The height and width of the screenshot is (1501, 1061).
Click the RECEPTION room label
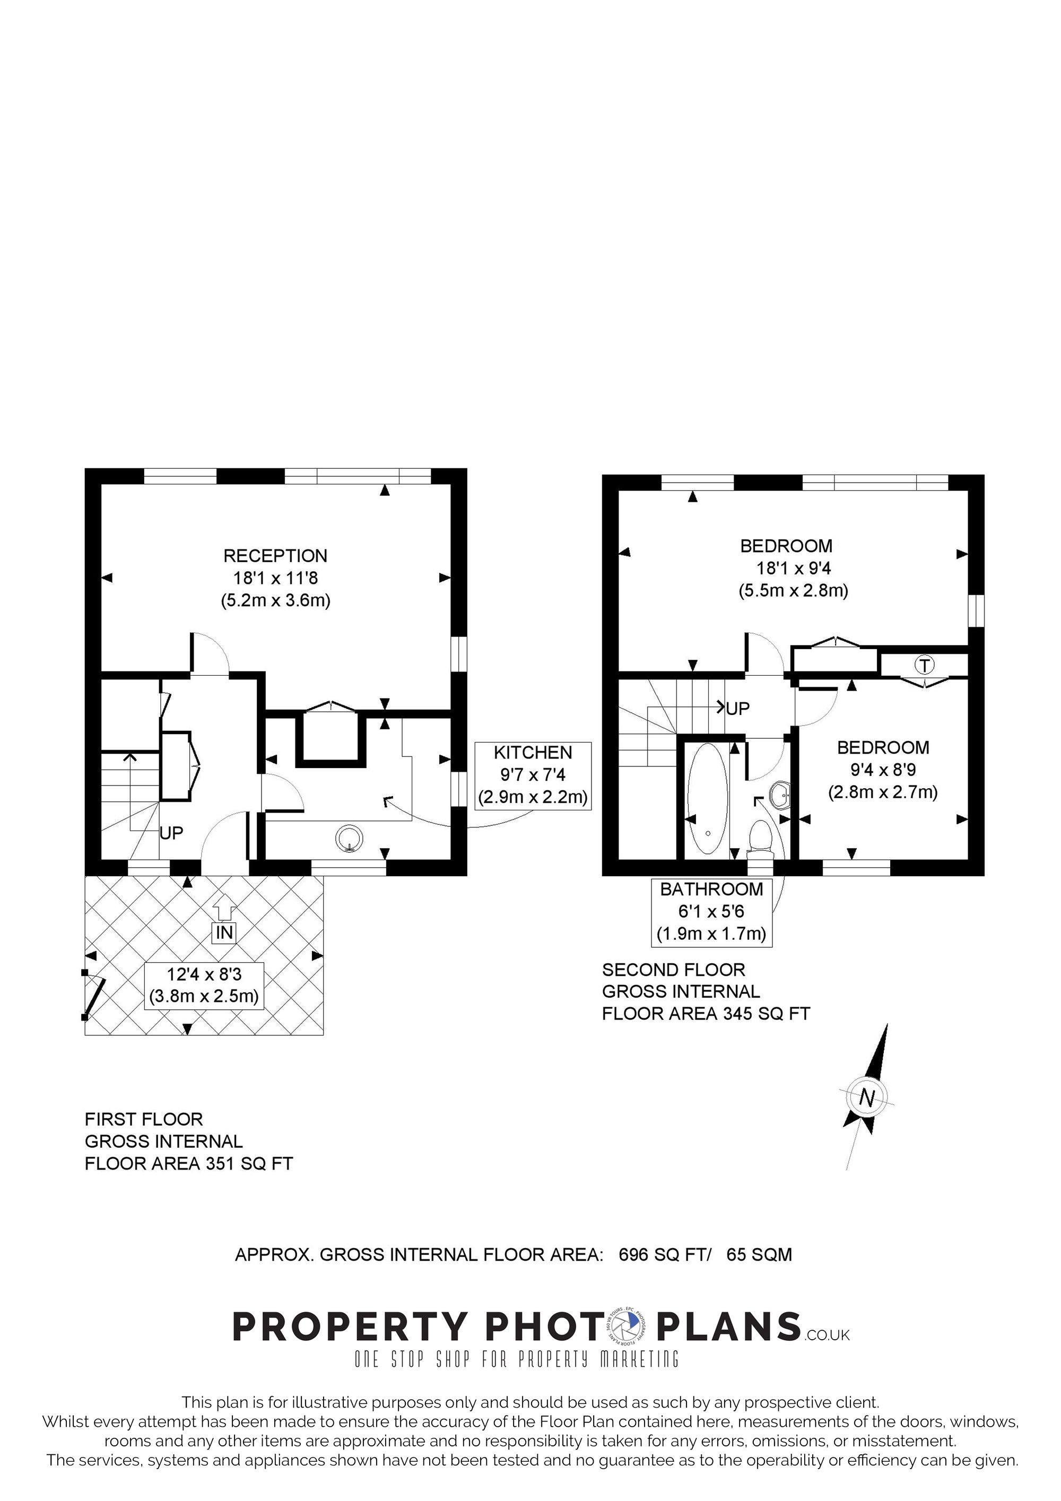click(x=275, y=556)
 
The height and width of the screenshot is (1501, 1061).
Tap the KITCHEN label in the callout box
click(x=533, y=753)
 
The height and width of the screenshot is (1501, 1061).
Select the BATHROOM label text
click(x=711, y=889)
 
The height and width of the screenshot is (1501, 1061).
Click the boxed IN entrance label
click(x=224, y=933)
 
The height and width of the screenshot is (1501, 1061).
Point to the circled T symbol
click(x=924, y=666)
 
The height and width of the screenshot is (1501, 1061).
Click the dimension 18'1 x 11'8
click(x=275, y=578)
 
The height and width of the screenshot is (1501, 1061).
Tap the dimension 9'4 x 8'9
click(x=883, y=770)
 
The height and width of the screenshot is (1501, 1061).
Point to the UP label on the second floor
click(x=737, y=709)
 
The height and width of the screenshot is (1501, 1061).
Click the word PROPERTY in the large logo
click(x=351, y=1327)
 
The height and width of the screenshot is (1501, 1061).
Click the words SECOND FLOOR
click(x=673, y=970)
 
